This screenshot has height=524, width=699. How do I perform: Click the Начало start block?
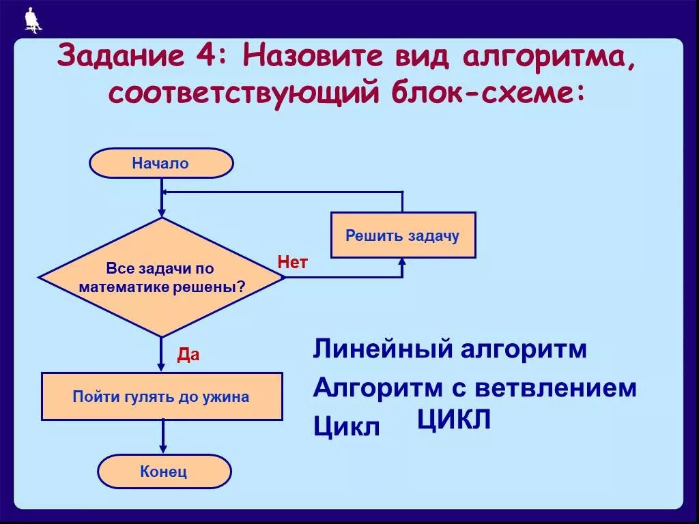tap(161, 164)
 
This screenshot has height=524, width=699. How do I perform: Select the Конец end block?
tap(164, 471)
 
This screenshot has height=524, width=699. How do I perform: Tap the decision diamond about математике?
tap(161, 277)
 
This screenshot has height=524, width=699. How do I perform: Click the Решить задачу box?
tap(403, 235)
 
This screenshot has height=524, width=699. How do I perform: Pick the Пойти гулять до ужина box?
tap(162, 396)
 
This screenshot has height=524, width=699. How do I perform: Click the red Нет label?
tap(292, 262)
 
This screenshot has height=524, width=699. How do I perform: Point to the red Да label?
tap(188, 355)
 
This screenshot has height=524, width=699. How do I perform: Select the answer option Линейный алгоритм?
tap(450, 350)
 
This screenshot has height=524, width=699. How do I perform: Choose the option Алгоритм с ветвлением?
tap(475, 388)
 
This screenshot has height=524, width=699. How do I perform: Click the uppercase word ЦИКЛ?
tap(454, 420)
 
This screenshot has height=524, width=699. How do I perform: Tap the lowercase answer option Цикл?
tap(346, 428)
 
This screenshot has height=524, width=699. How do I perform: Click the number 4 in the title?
tap(203, 57)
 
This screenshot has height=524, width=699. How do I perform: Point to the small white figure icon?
tap(32, 20)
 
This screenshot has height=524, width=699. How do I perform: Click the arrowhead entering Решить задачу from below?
tap(402, 263)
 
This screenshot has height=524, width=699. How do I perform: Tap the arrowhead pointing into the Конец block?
tap(162, 448)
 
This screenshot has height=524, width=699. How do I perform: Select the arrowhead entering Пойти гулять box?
tap(162, 366)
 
